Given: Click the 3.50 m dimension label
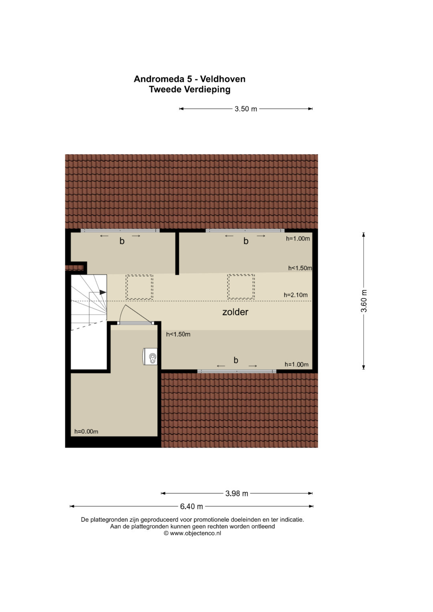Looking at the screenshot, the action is tap(246, 109).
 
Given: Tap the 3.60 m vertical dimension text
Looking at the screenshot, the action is tap(364, 301).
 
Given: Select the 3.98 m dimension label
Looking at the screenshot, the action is tap(237, 493).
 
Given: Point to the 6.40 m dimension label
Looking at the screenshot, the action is tap(191, 507).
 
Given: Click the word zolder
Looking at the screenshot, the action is tap(235, 312).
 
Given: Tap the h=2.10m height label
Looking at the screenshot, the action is tap(295, 295).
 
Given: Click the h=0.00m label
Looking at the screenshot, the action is tap(86, 432).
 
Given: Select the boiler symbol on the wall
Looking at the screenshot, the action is tap(150, 356).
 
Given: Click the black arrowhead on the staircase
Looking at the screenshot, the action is tap(103, 292).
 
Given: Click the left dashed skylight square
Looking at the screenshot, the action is tap(140, 287).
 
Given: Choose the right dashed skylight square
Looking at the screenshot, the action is tap(241, 287).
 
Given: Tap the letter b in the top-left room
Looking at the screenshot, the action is tap(122, 241).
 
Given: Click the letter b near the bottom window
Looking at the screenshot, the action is tap(236, 360).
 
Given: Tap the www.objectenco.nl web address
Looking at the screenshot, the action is tap(195, 533).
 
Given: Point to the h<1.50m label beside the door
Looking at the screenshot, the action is tap(178, 334).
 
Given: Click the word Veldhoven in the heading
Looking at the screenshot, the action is tap(223, 79).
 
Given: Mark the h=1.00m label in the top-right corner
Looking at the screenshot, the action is tap(298, 238).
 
